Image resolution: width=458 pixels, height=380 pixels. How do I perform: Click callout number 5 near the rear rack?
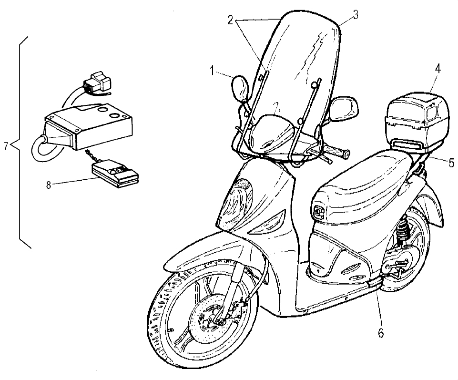(x=450, y=161)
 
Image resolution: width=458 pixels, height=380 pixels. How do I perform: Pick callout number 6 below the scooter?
(x=380, y=332)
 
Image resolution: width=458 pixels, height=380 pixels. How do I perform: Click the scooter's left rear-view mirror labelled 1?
(x=241, y=88)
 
